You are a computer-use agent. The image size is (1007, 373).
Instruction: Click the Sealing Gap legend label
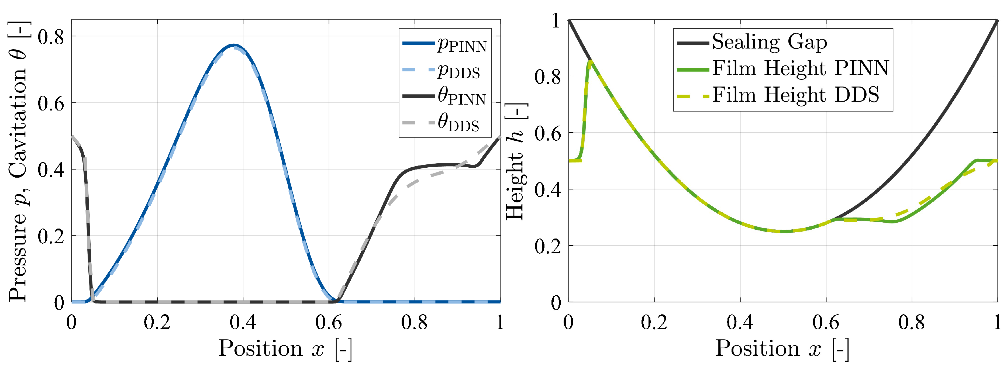[769, 42]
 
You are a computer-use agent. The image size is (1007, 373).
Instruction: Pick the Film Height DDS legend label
[795, 95]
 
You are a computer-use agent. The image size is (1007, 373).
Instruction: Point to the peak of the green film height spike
[589, 61]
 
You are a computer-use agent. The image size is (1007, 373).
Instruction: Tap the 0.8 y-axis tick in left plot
[51, 37]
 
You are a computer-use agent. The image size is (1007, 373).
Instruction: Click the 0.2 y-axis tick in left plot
[51, 236]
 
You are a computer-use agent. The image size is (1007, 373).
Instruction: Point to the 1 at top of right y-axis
[556, 20]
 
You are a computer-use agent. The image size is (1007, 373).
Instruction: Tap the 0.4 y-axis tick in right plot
[547, 190]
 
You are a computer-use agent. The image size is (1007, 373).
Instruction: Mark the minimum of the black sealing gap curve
[783, 232]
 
